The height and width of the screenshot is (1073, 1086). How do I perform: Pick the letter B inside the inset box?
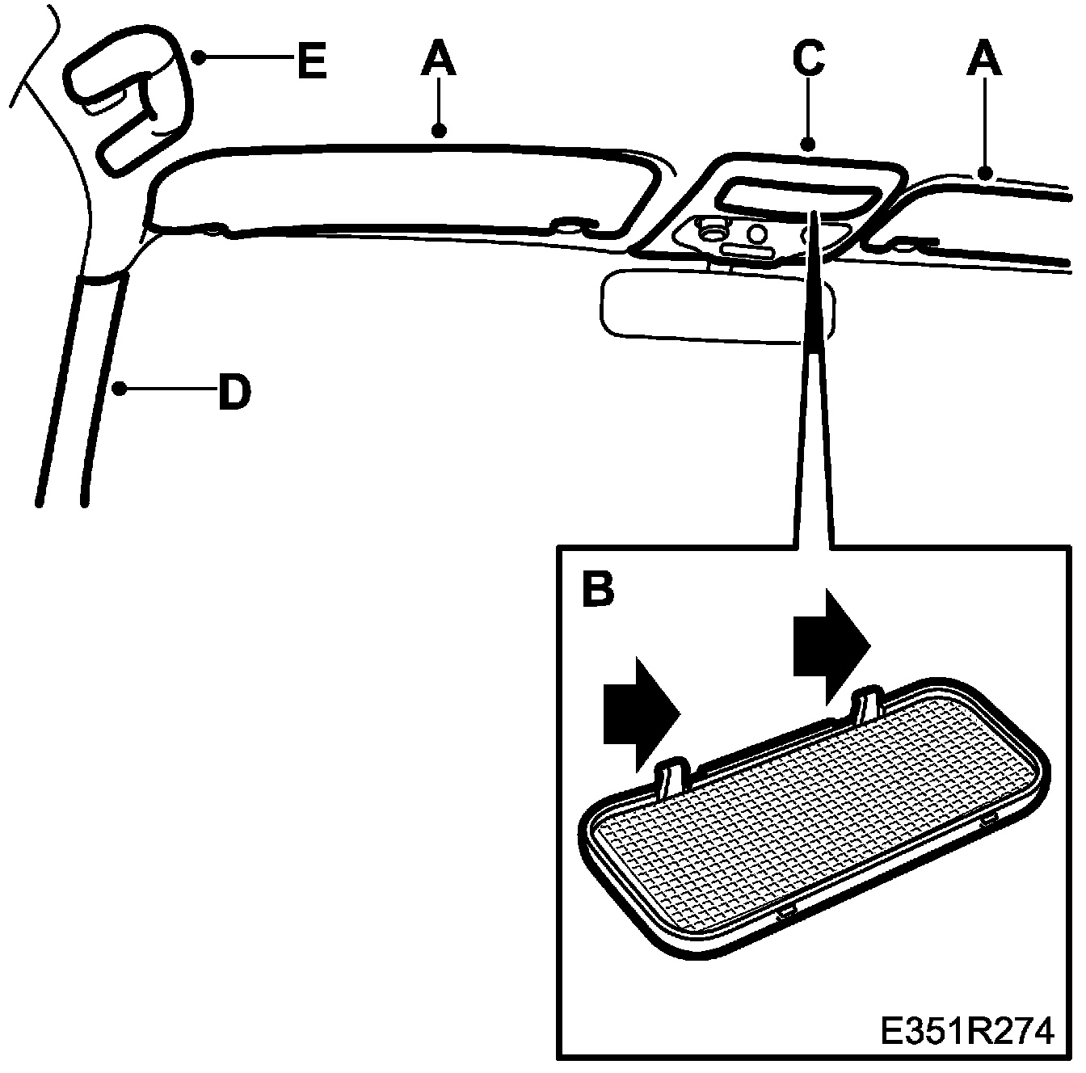pos(597,589)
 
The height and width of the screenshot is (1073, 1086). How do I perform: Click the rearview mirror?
pos(711,307)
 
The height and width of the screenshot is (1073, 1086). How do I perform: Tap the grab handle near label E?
pos(129,109)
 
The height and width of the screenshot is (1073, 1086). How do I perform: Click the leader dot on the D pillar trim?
pos(118,389)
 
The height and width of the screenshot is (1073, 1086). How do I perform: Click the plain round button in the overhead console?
pos(757,234)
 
